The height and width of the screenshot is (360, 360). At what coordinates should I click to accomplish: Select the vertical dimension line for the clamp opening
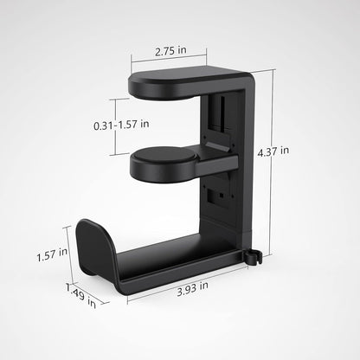pos(112,125)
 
